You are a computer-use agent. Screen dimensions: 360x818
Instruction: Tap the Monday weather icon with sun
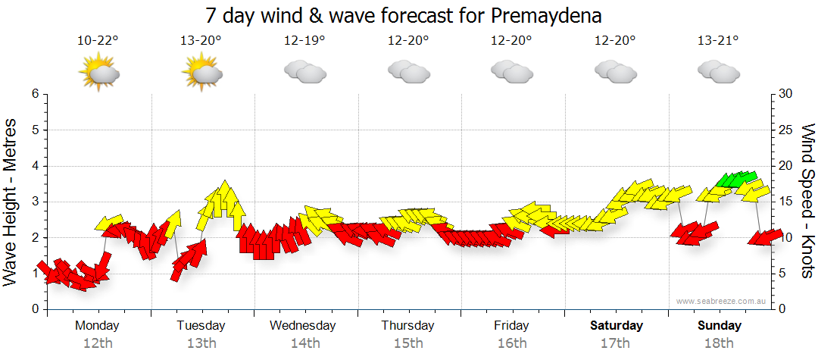[x=98, y=73]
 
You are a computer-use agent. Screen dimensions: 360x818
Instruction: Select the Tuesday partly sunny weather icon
[x=201, y=73]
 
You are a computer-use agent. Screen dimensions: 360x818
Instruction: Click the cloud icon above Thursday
[x=408, y=71]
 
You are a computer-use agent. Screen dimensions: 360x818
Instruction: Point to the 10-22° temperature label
[x=98, y=42]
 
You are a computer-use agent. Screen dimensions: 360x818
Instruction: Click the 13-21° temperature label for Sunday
[x=718, y=42]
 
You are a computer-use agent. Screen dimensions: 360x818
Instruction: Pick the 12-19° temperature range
[x=304, y=42]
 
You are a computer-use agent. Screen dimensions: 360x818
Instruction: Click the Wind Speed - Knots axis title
[x=807, y=201]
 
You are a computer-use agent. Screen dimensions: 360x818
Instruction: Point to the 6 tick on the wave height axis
[x=34, y=94]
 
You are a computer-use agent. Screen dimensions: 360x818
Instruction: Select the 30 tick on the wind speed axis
[x=785, y=94]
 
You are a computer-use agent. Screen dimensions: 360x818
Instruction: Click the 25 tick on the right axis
[x=785, y=130]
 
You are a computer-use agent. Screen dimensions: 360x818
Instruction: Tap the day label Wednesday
[x=303, y=326]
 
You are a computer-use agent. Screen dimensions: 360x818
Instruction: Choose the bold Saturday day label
[x=617, y=326]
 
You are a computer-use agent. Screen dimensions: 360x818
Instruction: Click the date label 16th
[x=512, y=343]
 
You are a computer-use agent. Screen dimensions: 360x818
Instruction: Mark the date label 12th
[x=98, y=343]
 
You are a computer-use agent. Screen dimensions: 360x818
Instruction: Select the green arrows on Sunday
[x=736, y=180]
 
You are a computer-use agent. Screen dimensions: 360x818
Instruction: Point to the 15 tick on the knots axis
[x=785, y=202]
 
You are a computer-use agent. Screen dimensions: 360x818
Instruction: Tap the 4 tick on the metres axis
[x=34, y=166]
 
